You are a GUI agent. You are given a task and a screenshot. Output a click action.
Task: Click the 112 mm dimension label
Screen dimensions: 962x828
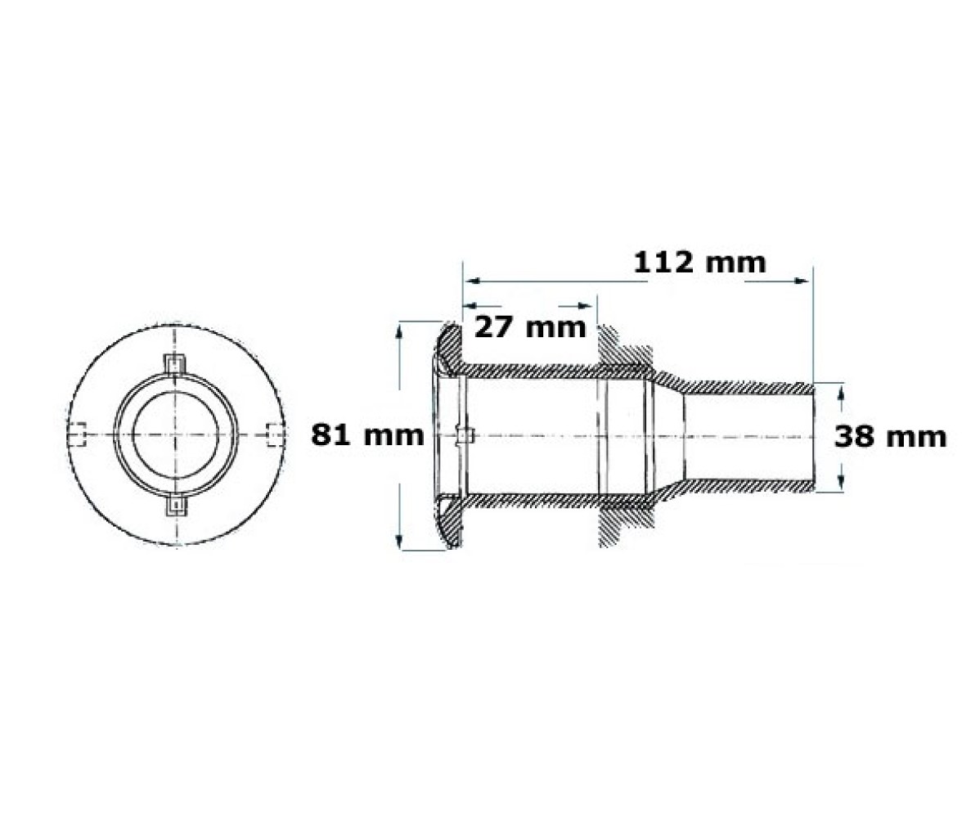[700, 263]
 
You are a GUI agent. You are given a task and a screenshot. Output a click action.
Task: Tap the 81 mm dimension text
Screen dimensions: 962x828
[367, 434]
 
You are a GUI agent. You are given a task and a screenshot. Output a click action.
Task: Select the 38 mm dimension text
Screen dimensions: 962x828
[890, 437]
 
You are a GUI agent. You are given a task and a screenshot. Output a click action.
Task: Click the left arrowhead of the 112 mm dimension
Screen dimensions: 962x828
[471, 281]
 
